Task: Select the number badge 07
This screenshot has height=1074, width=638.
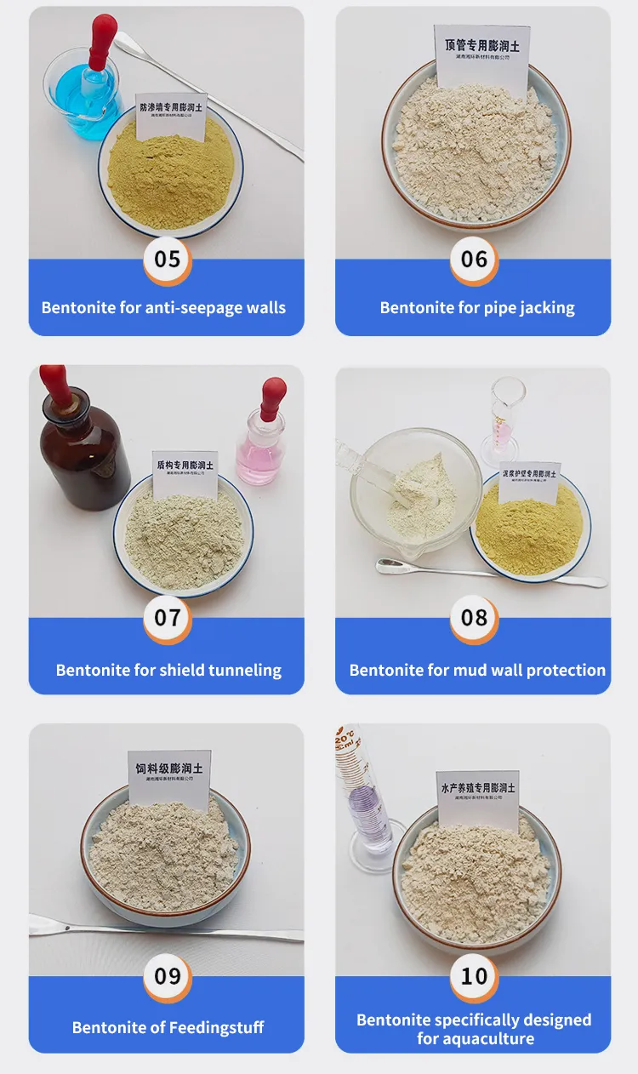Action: coord(168,617)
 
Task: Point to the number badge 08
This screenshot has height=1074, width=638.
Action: coord(474,617)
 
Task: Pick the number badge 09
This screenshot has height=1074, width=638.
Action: coord(168,975)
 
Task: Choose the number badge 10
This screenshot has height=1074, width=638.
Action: coord(474,975)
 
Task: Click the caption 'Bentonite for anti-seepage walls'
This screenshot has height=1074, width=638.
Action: coord(164,307)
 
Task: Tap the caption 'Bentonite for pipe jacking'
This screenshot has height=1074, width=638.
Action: coord(477,307)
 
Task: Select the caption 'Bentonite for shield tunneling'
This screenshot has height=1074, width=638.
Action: coord(168,670)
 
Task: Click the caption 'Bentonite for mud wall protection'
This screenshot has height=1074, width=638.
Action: coord(477,670)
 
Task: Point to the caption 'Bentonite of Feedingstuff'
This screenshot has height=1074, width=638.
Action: coord(168,1027)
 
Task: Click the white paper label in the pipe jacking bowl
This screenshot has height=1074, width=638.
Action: coord(481,60)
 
